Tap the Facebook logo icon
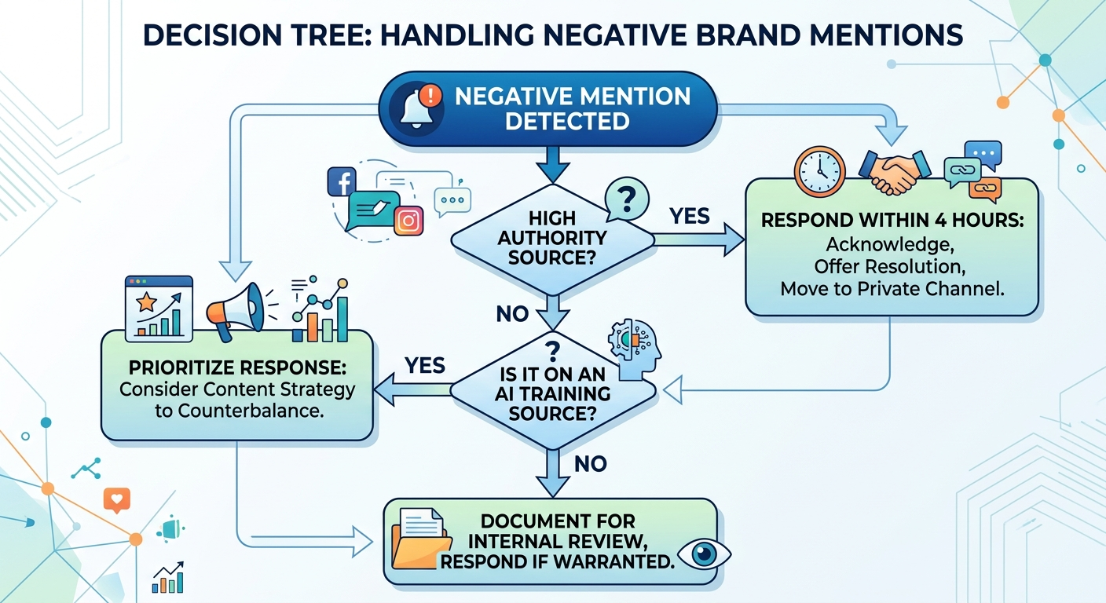coord(342,181)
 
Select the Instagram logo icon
coord(408,221)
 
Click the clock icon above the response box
coord(819,169)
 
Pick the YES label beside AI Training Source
coord(425,365)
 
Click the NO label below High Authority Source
coord(513,314)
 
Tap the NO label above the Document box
coord(591,464)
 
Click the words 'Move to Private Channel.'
coord(892,288)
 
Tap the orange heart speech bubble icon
coord(116,499)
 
